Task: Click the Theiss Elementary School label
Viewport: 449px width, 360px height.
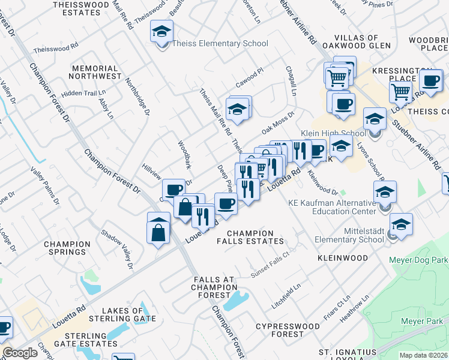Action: point(220,43)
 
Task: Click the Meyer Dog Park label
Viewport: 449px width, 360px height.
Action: point(418,260)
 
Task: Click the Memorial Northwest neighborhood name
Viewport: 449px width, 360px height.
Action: point(95,73)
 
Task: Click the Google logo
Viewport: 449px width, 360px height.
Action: point(20,353)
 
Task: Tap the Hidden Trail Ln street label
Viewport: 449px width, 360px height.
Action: point(83,93)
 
